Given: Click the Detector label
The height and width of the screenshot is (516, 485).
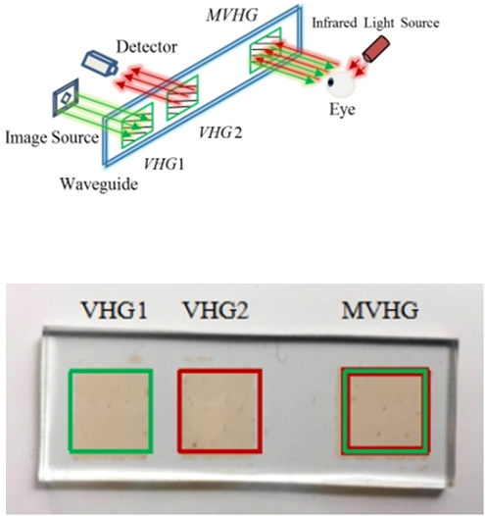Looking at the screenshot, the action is (147, 47).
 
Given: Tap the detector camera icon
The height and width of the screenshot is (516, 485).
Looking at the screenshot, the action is (100, 64).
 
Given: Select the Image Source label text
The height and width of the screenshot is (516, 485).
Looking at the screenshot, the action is (52, 137).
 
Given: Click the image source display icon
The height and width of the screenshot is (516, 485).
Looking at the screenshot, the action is (66, 97).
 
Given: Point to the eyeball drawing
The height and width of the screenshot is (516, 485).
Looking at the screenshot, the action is (340, 83).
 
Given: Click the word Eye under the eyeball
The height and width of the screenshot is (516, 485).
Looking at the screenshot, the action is (342, 110).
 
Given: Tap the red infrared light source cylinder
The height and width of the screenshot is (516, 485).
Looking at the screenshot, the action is (376, 49).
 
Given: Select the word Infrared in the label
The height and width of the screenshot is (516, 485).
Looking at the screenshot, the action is (334, 24).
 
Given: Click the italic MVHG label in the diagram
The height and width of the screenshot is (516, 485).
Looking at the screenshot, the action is (232, 15).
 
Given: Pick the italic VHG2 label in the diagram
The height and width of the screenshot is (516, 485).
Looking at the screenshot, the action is (220, 132).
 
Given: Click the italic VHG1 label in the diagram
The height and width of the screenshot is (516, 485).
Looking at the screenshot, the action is (164, 164).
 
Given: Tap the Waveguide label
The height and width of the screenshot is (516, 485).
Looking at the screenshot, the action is (99, 184).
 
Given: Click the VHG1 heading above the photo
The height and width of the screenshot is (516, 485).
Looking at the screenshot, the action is (114, 310).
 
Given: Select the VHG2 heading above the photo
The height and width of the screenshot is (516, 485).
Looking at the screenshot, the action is (216, 310).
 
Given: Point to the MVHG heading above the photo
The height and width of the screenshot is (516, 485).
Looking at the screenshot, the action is (380, 310).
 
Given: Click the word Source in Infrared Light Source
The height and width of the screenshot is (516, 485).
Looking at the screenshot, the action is (420, 24).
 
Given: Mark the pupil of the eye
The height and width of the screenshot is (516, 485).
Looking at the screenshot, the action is (331, 80).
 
